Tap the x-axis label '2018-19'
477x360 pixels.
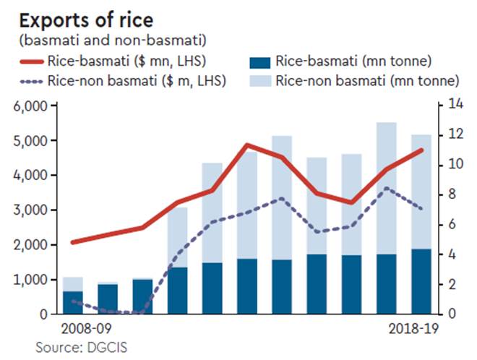click(408, 328)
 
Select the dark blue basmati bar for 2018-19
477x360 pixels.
click(421, 282)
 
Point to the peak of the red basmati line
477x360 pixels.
click(246, 145)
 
